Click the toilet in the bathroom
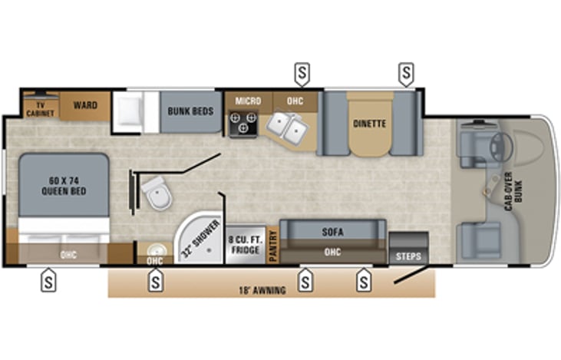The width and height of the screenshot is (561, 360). [x=157, y=193]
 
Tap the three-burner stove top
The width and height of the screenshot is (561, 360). [x=243, y=124]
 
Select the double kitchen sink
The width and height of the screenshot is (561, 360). [x=287, y=127]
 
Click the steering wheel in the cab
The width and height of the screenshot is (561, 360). [x=501, y=147]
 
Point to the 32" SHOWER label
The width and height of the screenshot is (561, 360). [x=200, y=239]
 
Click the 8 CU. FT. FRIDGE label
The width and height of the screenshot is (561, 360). [x=246, y=245]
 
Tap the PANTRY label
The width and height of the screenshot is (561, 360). [x=273, y=246]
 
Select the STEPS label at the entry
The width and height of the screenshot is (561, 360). [x=408, y=256]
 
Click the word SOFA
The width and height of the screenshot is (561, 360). [x=333, y=232]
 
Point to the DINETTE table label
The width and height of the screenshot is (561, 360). [x=370, y=124]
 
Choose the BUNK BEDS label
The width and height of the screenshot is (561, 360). [x=190, y=111]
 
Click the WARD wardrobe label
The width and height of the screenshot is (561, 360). [x=85, y=105]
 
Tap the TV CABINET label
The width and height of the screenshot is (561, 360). [x=41, y=110]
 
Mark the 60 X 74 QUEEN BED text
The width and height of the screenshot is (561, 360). [x=64, y=186]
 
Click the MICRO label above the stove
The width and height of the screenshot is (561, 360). [x=249, y=101]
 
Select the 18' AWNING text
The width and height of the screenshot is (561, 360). [x=262, y=290]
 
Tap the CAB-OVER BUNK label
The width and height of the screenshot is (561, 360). [x=513, y=191]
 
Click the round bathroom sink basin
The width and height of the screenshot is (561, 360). [x=155, y=249]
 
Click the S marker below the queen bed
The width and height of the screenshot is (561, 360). [x=48, y=280]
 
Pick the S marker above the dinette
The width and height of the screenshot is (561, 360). [x=406, y=74]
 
